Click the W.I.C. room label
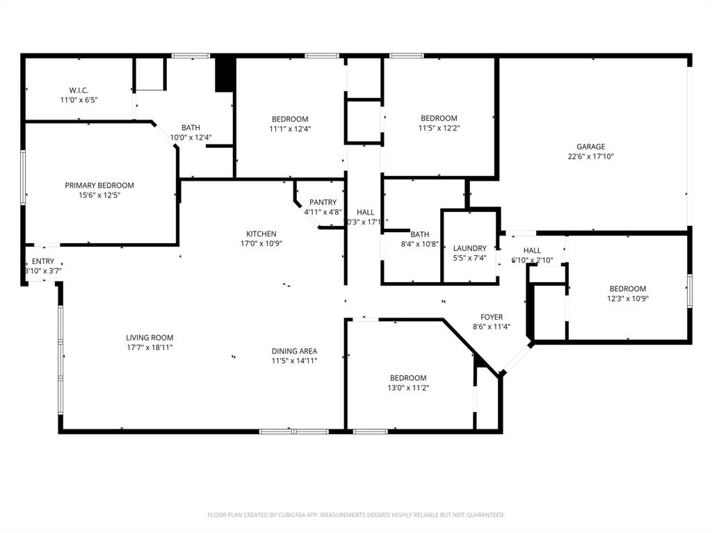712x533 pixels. (79, 90)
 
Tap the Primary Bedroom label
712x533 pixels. (99, 186)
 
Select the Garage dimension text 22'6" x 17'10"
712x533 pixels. (590, 156)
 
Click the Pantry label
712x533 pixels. (323, 202)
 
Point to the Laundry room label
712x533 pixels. (469, 248)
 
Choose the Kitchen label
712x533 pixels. (261, 233)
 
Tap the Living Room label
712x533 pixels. (149, 338)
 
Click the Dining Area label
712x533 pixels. (294, 351)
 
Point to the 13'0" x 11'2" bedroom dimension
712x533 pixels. (408, 388)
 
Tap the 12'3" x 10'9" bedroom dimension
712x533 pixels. (628, 299)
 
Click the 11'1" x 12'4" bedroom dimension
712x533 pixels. (290, 129)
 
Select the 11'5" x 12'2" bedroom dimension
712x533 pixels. (439, 128)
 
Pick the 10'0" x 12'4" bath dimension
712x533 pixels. (191, 138)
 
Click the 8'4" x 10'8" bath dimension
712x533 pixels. (419, 244)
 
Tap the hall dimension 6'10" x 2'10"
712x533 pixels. (532, 260)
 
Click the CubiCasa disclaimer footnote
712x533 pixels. (356, 515)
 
